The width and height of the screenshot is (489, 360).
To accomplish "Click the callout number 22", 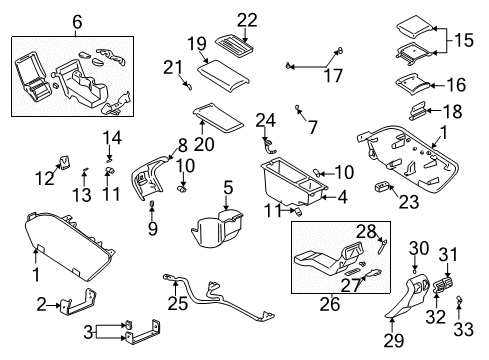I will pos(247,18).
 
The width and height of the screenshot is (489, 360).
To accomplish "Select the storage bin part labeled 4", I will pos(286,184).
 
